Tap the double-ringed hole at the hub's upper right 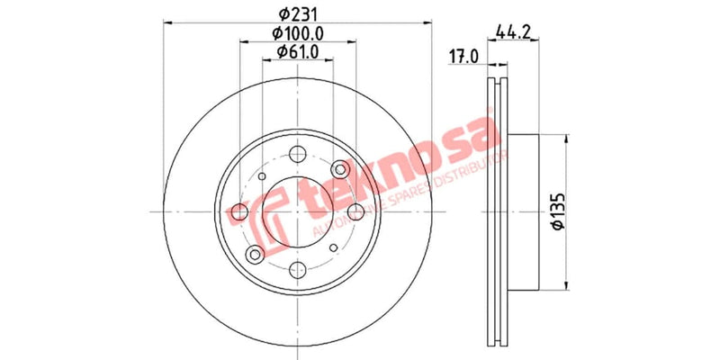coord(339,169)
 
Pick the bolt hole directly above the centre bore coord(297,154)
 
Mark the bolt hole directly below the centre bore coord(297,268)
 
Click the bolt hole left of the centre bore coord(239,211)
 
